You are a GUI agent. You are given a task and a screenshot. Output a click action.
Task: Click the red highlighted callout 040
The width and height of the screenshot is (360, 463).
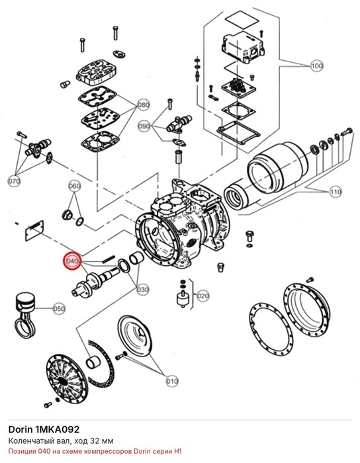point(73,261)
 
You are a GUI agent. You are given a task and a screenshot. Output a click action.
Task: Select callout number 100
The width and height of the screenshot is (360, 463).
point(316,65)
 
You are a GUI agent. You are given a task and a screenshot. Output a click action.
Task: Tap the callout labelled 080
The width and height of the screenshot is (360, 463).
point(144,105)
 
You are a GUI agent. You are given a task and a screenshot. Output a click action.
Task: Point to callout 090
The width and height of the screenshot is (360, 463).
point(144,126)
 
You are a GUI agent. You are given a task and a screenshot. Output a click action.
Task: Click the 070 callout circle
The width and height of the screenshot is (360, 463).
point(14,181)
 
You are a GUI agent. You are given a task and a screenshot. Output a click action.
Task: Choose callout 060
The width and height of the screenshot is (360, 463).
point(74,186)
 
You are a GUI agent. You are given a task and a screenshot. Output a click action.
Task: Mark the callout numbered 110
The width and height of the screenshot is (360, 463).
point(336,192)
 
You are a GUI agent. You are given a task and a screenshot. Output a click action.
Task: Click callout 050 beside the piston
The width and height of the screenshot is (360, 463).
point(59,309)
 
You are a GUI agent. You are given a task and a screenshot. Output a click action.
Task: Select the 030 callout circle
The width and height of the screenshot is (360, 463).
point(143,290)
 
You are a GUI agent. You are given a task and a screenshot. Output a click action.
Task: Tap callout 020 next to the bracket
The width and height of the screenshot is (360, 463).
point(203,296)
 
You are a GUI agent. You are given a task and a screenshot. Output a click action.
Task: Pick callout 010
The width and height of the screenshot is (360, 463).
point(172,381)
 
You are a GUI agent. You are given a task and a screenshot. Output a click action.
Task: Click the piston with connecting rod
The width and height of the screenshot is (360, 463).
point(26,314)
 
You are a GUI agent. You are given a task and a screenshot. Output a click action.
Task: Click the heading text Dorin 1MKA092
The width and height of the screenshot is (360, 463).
point(44,429)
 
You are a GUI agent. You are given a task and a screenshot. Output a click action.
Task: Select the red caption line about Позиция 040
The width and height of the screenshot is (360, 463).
point(95,451)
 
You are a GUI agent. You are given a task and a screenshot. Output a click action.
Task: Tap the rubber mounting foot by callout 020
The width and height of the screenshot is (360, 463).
point(183,299)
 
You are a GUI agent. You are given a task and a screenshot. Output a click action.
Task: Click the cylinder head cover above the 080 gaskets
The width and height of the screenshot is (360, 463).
point(95,71)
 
